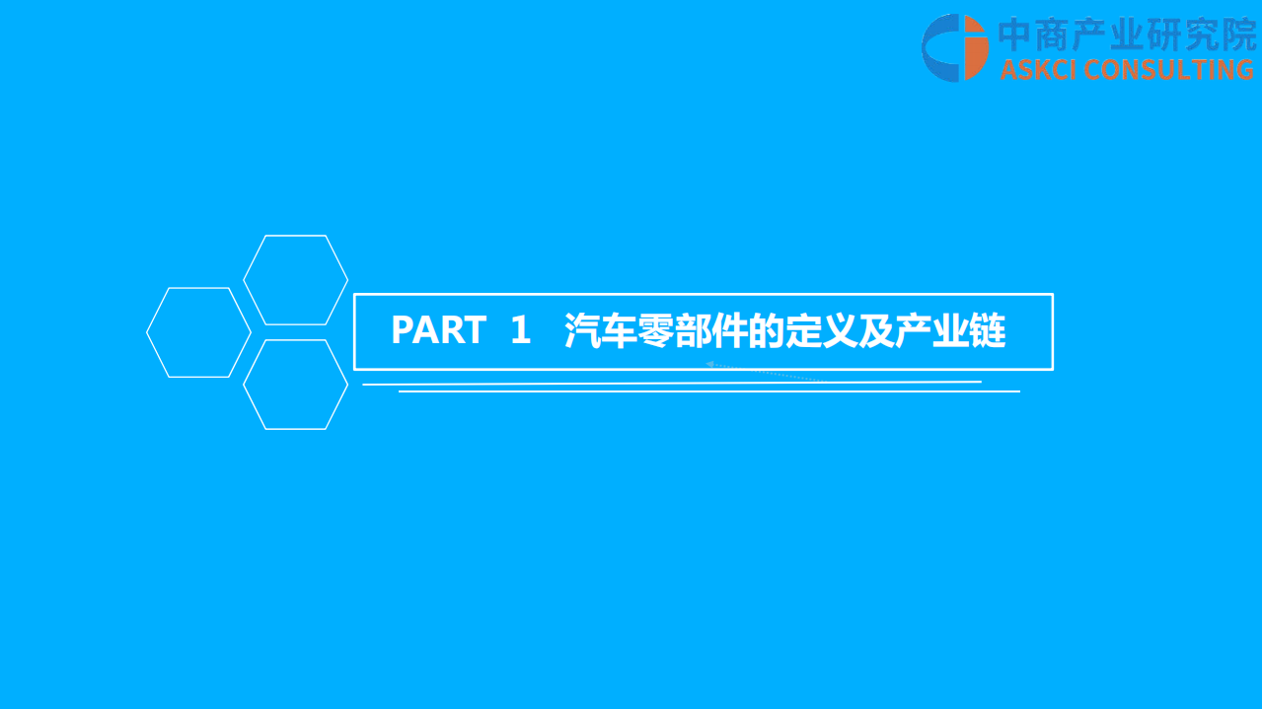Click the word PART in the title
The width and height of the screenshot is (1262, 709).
(x=438, y=331)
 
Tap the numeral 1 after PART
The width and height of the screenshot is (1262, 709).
(x=521, y=331)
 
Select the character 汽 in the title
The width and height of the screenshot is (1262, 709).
(x=582, y=331)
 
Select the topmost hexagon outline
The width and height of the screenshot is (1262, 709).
(x=295, y=280)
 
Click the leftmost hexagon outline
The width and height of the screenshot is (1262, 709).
(x=198, y=332)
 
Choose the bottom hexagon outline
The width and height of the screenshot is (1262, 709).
(x=295, y=385)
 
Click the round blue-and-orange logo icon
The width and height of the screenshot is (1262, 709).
(x=954, y=47)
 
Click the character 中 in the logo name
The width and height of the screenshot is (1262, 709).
(x=1016, y=35)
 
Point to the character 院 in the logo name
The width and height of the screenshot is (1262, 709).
(x=1237, y=35)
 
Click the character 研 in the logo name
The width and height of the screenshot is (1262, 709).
(x=1149, y=35)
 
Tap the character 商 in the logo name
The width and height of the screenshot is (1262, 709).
(x=1061, y=35)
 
